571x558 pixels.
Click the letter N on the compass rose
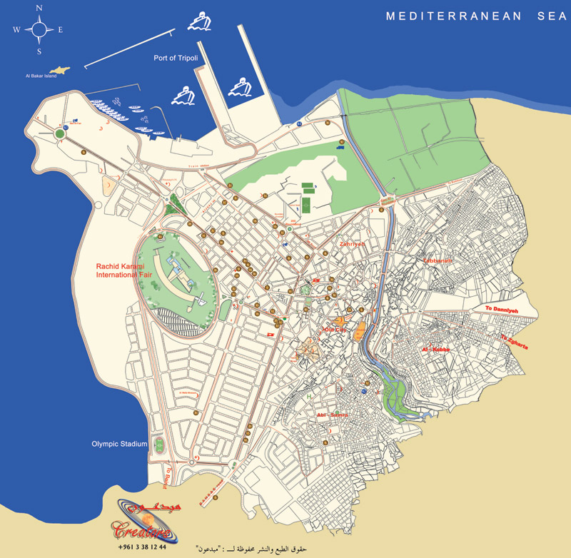point(39,8)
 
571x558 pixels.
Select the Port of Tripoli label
point(176,58)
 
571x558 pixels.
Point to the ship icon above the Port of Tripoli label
point(200,23)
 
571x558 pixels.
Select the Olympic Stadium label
point(119,444)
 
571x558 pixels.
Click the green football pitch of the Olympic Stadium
point(159,445)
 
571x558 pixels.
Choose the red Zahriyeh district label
point(352,244)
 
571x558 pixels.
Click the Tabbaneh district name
point(438,261)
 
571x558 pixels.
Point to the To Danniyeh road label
point(500,308)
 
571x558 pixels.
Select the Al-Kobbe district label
point(435,350)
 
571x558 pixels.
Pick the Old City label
point(333,329)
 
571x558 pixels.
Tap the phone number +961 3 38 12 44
point(143,547)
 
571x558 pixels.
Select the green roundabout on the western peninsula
point(60,133)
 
